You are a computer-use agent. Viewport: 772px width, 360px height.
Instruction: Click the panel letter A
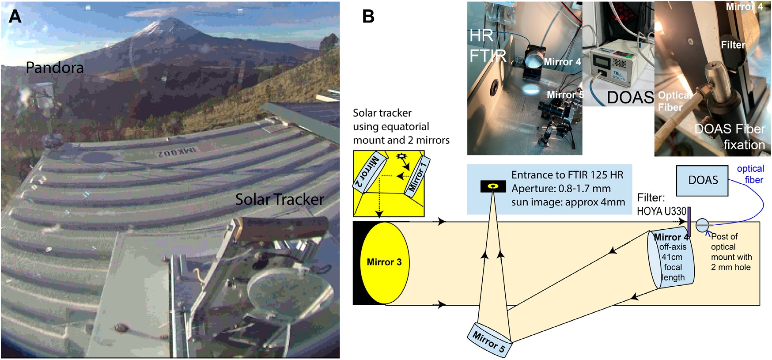tap(15, 16)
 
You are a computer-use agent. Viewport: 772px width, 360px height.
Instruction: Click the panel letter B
tap(368, 16)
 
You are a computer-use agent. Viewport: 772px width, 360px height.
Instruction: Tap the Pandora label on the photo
tap(54, 68)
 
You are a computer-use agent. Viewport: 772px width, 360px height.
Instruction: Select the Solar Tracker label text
tap(280, 200)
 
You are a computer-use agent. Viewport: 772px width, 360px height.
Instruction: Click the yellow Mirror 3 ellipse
tap(384, 262)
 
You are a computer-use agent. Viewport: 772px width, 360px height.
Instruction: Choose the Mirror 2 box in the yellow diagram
tap(367, 172)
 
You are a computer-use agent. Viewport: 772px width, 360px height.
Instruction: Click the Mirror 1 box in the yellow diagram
tap(417, 176)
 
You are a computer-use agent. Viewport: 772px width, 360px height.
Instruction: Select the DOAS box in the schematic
tap(703, 180)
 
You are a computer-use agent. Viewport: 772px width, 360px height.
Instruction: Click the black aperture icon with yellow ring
tap(493, 186)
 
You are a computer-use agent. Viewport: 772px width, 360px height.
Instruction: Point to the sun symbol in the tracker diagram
tap(401, 157)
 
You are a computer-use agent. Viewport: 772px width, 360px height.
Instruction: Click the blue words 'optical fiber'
tap(751, 174)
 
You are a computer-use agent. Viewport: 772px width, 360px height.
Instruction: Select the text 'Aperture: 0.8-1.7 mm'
tap(561, 189)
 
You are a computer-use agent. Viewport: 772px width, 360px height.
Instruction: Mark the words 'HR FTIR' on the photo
tap(486, 45)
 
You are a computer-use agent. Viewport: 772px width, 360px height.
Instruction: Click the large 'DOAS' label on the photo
tap(630, 98)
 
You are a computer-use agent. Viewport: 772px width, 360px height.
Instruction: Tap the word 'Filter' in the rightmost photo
tap(733, 45)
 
